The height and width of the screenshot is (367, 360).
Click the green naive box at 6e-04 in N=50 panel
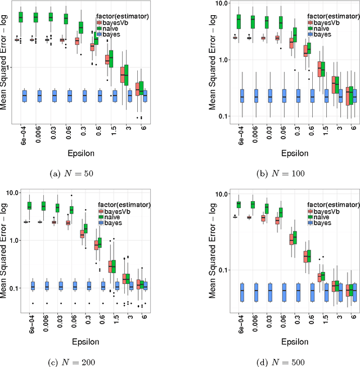pyautogui.click(x=21, y=17)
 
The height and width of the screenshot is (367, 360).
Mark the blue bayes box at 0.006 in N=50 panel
pyautogui.click(x=39, y=96)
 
